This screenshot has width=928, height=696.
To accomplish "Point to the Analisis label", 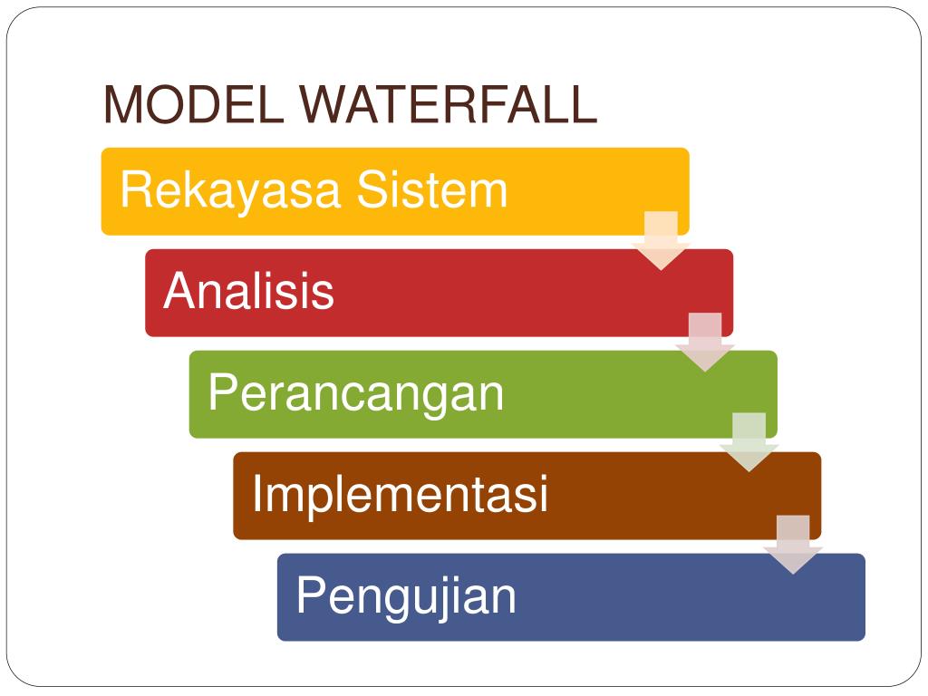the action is point(248,292).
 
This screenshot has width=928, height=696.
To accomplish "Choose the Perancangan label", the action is point(355,393).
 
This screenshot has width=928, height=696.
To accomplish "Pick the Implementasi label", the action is point(400,495).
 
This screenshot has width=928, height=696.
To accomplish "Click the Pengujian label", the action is point(406,596).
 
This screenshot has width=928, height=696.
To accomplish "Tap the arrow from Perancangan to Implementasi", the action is point(749,442).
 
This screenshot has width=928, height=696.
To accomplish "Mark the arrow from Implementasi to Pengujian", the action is point(793,544).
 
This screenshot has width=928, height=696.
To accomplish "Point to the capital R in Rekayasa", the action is point(135,191).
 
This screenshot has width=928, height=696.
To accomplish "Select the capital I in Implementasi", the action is point(257,495).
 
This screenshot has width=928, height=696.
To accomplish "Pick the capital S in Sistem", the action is point(372,191).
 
